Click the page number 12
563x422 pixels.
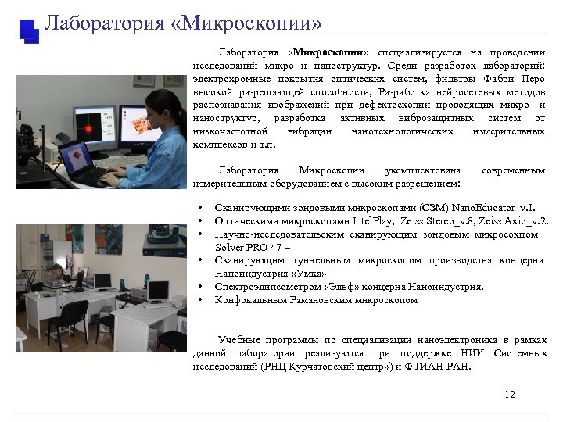(510, 394)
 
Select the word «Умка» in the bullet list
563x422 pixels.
(328, 274)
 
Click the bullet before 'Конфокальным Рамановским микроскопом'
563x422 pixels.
(201, 299)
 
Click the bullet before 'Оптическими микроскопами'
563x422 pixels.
(201, 221)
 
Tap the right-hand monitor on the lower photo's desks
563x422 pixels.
(157, 291)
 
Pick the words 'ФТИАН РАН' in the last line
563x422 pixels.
(437, 365)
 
